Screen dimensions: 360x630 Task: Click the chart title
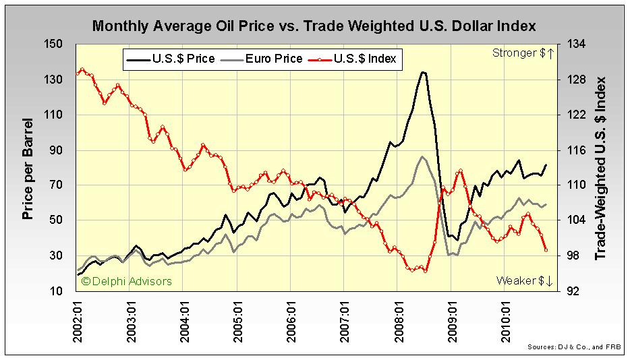pyautogui.click(x=314, y=26)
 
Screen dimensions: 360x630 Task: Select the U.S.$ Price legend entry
pyautogui.click(x=171, y=59)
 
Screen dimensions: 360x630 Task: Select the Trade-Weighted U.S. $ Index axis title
pyautogui.click(x=601, y=168)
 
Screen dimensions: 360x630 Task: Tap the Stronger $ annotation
pyautogui.click(x=523, y=53)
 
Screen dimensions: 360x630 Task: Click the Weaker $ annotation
pyautogui.click(x=524, y=280)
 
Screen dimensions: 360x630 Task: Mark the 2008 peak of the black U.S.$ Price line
pyautogui.click(x=423, y=71)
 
